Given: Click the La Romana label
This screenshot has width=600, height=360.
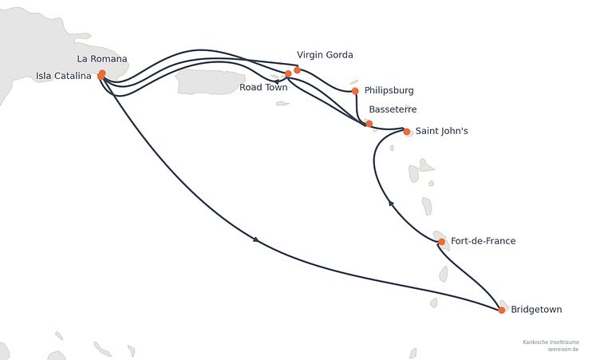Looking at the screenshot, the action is point(102,59).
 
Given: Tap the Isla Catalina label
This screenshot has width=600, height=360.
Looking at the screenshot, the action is point(64,76).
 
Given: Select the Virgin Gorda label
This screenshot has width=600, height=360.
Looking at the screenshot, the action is point(325,55).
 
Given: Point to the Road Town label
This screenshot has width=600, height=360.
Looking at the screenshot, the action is point(263,87).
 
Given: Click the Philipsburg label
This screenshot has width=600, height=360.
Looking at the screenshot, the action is point(389,91).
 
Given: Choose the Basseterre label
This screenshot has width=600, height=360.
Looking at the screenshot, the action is point(393,109).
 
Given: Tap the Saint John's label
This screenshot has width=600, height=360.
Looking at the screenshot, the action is point(441,131).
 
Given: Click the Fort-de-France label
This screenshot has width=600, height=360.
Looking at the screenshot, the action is point(483,241).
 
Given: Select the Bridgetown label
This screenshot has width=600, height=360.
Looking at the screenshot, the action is point(536,310).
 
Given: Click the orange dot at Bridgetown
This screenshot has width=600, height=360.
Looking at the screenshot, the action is point(502,311).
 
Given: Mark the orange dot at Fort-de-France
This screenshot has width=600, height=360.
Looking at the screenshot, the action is point(441,242).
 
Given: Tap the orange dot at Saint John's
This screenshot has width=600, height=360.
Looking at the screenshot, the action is point(407,132).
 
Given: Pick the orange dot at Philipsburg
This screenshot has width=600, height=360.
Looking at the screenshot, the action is point(355,91).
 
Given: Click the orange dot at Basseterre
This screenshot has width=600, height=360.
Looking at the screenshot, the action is point(369,123).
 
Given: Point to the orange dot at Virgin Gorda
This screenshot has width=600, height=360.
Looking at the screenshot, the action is point(298,70).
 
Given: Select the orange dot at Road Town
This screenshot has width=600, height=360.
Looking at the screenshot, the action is point(288,73).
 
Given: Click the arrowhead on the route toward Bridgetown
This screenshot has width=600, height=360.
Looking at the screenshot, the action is point(256,239).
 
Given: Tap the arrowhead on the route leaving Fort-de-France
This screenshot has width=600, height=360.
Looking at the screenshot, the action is point(391,203).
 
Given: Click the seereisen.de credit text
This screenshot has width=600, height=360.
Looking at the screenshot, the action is point(562,350).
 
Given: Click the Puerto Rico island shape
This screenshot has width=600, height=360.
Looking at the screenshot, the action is point(210,81).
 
